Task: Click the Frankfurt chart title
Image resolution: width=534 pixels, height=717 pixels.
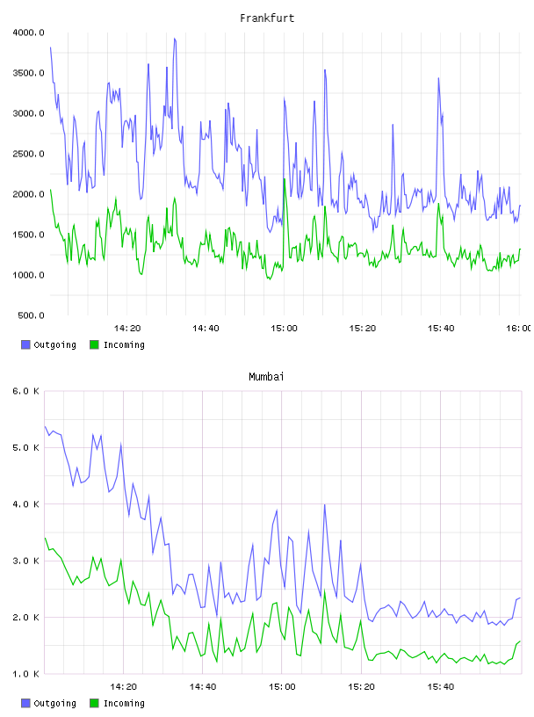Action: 267,18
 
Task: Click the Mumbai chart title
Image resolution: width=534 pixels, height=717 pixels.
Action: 266,377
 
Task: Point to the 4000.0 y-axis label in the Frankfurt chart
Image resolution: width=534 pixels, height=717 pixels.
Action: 28,33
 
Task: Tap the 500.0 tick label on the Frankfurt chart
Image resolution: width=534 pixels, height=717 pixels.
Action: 31,315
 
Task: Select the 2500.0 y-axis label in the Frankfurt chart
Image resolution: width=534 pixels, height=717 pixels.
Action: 28,154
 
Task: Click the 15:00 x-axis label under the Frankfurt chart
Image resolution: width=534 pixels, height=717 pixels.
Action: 284,329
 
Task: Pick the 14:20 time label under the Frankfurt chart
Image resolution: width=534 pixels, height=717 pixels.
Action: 127,329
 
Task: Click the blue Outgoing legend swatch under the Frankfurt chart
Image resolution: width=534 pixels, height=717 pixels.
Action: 25,344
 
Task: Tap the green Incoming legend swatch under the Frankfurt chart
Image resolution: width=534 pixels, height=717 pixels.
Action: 94,344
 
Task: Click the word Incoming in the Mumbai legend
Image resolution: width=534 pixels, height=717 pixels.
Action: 124,703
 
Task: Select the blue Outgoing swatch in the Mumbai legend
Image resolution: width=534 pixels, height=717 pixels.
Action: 25,703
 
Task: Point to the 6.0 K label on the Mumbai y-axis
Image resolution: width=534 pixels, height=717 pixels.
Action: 26,391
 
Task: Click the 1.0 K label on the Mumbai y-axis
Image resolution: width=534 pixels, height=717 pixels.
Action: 26,674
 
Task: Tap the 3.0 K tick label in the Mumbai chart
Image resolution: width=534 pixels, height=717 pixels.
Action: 26,561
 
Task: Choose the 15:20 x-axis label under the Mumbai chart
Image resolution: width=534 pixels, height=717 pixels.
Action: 361,687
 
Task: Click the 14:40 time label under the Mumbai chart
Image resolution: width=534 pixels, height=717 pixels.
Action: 203,687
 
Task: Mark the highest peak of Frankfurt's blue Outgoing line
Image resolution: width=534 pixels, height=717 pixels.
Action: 174,39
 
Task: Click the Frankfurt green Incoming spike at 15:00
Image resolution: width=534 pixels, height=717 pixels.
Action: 285,178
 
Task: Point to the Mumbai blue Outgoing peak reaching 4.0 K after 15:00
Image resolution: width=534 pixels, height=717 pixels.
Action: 325,505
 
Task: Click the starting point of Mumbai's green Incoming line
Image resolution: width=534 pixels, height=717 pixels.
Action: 45,539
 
